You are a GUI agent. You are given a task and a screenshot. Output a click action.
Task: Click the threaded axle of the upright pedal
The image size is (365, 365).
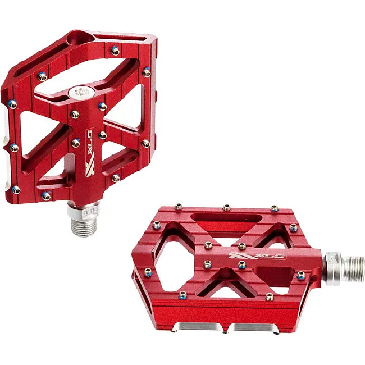84,226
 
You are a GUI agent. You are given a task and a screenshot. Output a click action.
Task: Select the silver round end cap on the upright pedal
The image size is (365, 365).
82,93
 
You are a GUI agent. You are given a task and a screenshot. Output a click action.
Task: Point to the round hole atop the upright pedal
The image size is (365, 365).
80,39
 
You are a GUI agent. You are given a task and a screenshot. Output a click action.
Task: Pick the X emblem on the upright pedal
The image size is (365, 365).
89,167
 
